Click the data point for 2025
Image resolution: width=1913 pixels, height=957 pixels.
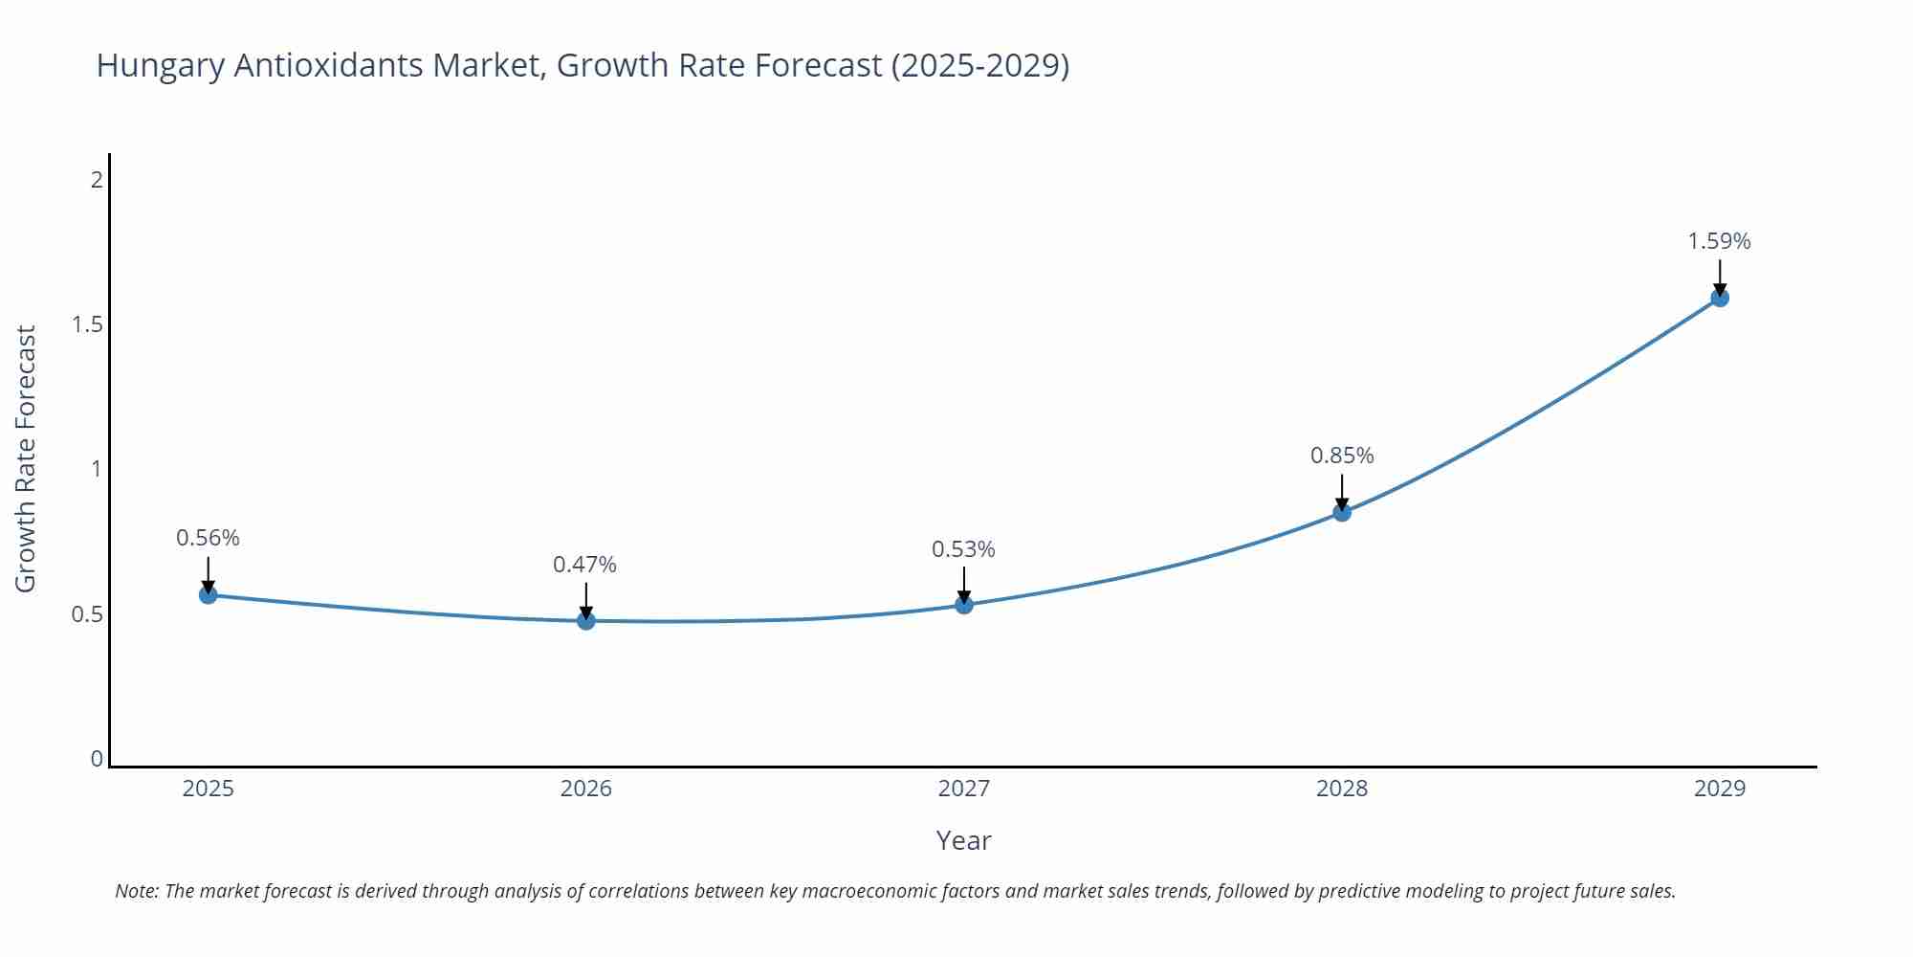coord(208,594)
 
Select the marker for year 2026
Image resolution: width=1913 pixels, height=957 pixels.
coord(586,620)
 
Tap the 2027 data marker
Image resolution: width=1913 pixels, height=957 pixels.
coord(964,604)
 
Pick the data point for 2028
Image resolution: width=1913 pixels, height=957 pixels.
coord(1342,512)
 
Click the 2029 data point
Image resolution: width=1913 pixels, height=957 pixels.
coord(1720,298)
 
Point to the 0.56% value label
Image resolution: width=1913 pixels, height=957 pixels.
coord(208,538)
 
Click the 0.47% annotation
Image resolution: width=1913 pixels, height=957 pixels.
coord(584,565)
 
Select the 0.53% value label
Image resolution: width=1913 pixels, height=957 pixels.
coord(963,549)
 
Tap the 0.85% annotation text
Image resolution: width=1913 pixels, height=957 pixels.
coord(1342,456)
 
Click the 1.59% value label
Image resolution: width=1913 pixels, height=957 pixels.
coord(1719,241)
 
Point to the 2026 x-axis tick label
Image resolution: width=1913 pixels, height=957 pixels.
coord(585,789)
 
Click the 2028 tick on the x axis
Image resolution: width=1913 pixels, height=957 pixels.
coord(1342,789)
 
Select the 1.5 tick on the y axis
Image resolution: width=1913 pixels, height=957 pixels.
coord(87,324)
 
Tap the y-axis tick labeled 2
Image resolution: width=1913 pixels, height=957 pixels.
coord(97,179)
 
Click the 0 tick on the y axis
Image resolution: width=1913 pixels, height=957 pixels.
coord(97,759)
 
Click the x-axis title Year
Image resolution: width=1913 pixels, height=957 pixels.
coord(963,840)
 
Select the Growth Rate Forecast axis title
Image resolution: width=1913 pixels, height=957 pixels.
coord(26,458)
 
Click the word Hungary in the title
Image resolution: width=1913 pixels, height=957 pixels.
coord(160,65)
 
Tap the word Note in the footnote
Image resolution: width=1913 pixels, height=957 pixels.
coord(136,891)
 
